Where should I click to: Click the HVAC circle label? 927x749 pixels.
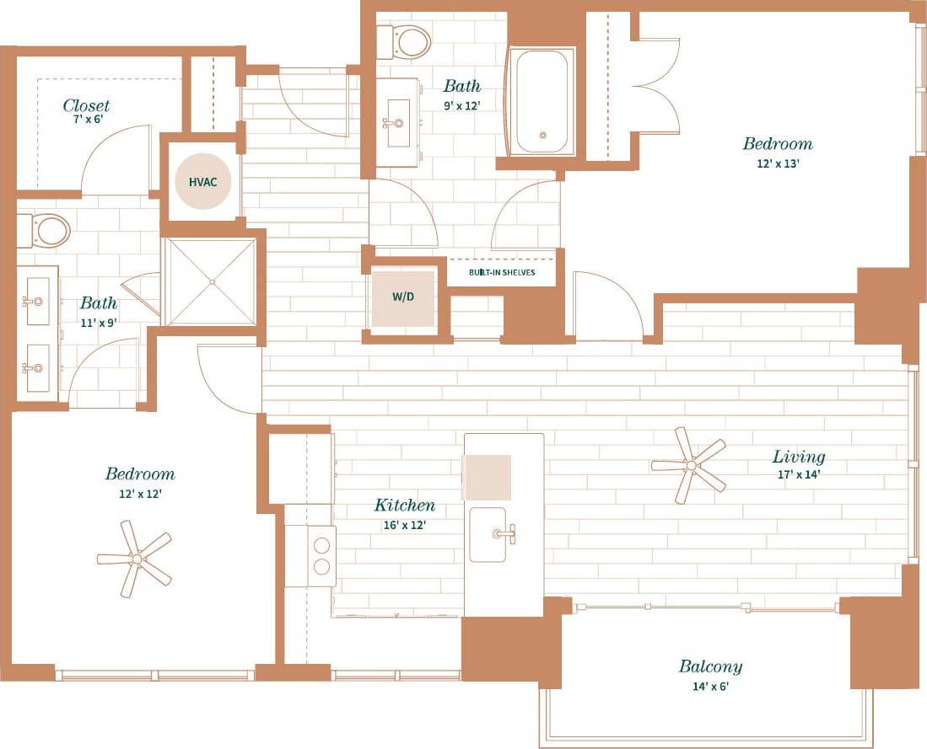click(x=202, y=181)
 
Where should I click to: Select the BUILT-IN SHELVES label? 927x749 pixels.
click(x=502, y=272)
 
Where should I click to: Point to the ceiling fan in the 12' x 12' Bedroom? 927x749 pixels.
click(x=135, y=558)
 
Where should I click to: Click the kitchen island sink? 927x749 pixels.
click(x=489, y=534)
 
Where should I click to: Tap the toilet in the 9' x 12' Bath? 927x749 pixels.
click(x=405, y=41)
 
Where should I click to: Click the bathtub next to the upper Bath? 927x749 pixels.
click(x=542, y=102)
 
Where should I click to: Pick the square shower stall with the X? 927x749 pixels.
click(x=210, y=281)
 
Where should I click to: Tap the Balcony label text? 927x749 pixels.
click(x=710, y=666)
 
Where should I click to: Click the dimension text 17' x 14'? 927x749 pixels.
click(x=798, y=474)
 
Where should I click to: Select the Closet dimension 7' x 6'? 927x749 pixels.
click(x=86, y=120)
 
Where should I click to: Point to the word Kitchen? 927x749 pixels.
click(x=405, y=506)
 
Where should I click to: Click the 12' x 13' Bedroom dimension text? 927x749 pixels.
click(x=777, y=163)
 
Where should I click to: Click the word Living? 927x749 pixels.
click(x=798, y=457)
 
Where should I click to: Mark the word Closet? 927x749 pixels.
click(x=86, y=105)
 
